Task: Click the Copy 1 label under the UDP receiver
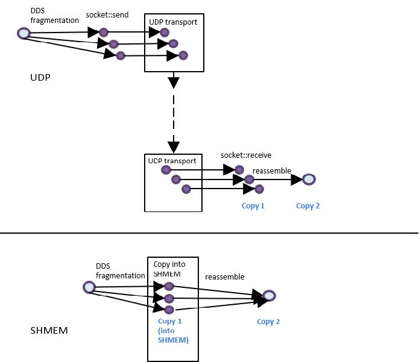pyautogui.click(x=253, y=206)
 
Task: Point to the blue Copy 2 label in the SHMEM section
pyautogui.click(x=268, y=322)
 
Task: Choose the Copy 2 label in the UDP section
pyautogui.click(x=307, y=206)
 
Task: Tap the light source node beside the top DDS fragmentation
pyautogui.click(x=24, y=34)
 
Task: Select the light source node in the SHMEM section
pyautogui.click(x=89, y=287)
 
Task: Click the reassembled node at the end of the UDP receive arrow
pyautogui.click(x=309, y=179)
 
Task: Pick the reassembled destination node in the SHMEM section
pyautogui.click(x=269, y=296)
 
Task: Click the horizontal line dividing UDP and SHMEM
pyautogui.click(x=209, y=233)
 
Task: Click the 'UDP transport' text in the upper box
pyautogui.click(x=173, y=22)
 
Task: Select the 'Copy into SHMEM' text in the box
pyautogui.click(x=171, y=269)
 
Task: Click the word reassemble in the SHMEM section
pyautogui.click(x=224, y=276)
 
